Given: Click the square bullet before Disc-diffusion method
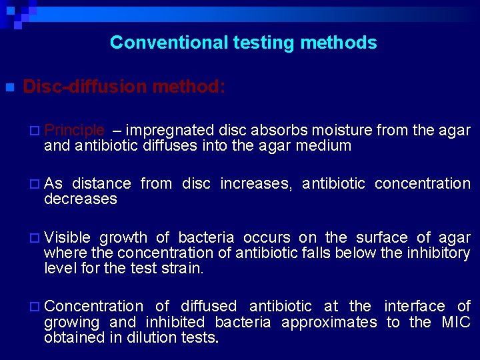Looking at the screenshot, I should tap(9, 87).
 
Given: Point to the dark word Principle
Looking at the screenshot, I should tap(74, 130).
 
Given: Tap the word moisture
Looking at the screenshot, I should tap(341, 130).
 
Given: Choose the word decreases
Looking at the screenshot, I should tap(80, 199).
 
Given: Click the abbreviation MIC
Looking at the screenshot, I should tap(456, 322).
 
